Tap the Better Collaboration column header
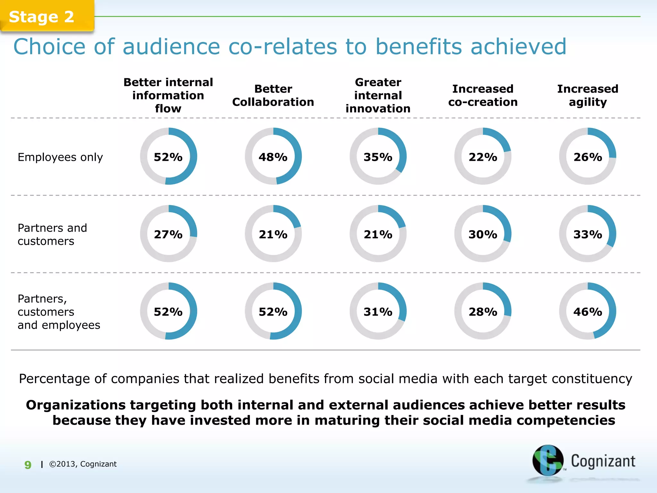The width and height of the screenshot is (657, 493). click(273, 95)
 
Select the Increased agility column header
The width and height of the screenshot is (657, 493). click(587, 95)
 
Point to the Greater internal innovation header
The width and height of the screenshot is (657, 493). click(378, 95)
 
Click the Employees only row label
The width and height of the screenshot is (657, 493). click(60, 157)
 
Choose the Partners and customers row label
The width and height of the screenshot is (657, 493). click(52, 234)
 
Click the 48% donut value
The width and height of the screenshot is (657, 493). click(273, 157)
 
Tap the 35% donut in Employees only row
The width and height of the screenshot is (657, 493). click(378, 157)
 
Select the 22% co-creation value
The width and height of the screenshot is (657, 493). click(483, 157)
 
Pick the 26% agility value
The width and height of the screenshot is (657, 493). click(588, 157)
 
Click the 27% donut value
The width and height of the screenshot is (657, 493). click(168, 234)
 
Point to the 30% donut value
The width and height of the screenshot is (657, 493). click(483, 234)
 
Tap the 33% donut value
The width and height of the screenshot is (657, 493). click(588, 234)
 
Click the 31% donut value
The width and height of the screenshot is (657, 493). click(378, 312)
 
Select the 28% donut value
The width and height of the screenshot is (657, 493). click(483, 312)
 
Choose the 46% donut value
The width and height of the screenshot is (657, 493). click(588, 312)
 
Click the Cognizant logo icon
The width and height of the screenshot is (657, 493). click(548, 461)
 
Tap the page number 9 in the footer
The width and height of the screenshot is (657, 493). click(28, 465)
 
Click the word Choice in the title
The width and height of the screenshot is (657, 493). click(49, 47)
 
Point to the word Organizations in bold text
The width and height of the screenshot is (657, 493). click(76, 405)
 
